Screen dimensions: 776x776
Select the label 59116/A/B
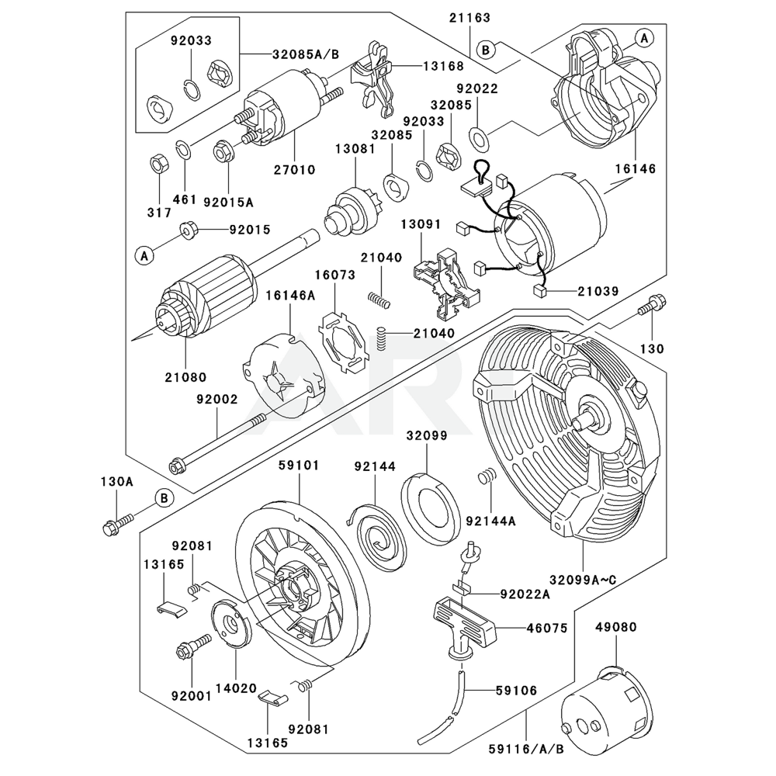coord(525,749)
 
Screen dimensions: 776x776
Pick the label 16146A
coord(291,295)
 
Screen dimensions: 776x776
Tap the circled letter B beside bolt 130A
coord(164,497)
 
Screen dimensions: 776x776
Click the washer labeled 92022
coord(480,139)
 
